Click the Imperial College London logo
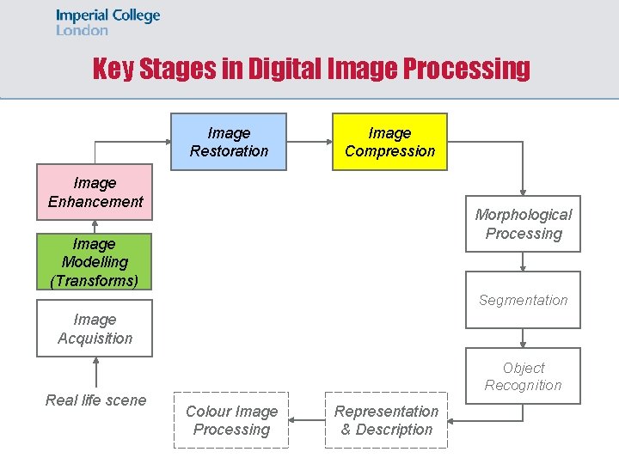coord(108,22)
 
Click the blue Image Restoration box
coord(229,142)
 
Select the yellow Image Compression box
coord(389,142)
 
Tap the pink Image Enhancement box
coord(95,192)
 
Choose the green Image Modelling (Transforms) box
coord(95,262)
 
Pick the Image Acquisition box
coord(95,328)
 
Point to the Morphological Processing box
coord(523,224)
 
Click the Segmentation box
coord(523,300)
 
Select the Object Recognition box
coord(523,376)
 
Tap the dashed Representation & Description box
coord(386,420)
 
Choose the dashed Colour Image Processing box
coord(231,420)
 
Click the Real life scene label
coord(95,400)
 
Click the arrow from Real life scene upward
coord(95,373)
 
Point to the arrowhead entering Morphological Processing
coord(523,192)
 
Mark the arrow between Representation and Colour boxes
coord(307,420)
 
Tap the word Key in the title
coord(112,69)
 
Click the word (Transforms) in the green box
coord(95,280)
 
